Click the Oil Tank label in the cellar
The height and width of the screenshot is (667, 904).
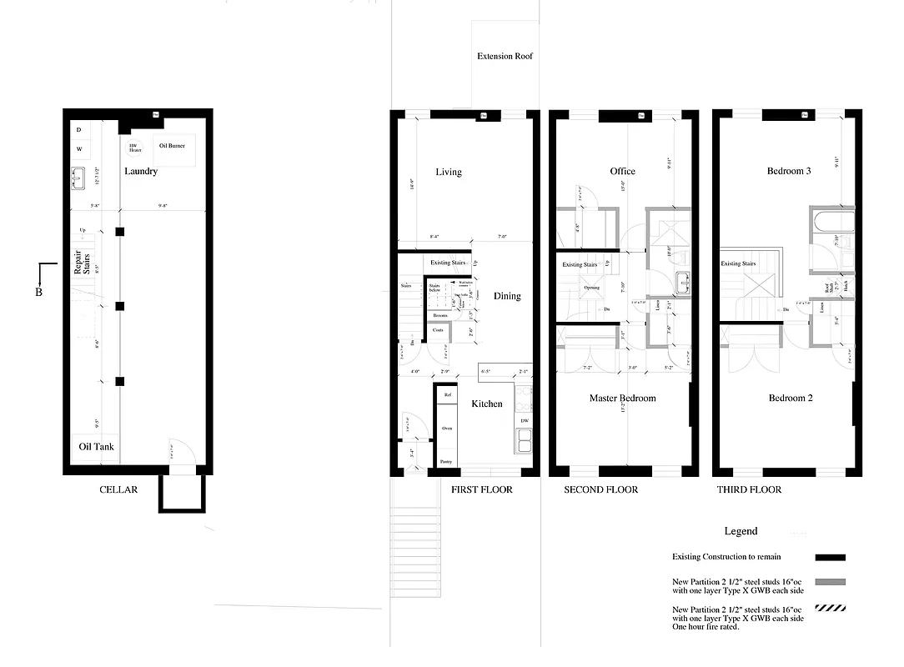[x=96, y=447]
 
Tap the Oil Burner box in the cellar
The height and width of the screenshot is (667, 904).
[x=172, y=147]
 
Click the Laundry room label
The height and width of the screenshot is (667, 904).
[x=141, y=172]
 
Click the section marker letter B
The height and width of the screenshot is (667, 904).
[x=38, y=293]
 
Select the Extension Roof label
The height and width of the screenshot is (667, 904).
[x=505, y=57]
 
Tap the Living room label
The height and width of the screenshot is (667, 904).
[x=449, y=173]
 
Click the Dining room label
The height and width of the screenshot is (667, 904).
[x=506, y=296]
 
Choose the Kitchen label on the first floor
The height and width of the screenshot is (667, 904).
[x=487, y=404]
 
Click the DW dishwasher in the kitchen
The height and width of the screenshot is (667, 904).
[x=525, y=421]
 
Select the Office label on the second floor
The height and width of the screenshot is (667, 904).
[x=622, y=172]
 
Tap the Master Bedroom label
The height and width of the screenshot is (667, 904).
[x=622, y=399]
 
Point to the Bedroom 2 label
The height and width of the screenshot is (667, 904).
[x=791, y=399]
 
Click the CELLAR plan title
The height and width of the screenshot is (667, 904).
[x=118, y=489]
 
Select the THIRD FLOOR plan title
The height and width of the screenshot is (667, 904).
[x=749, y=489]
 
